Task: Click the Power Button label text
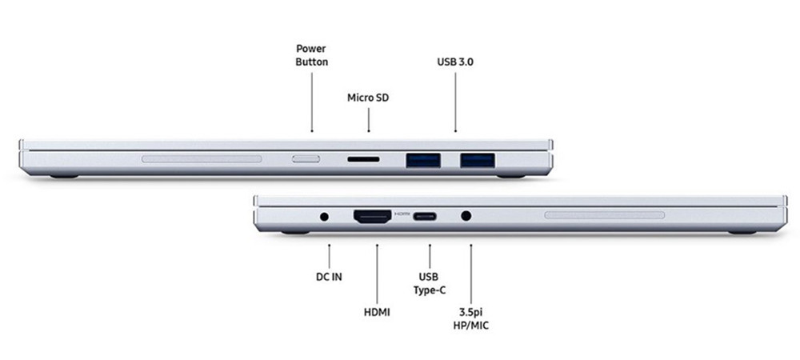point(312,55)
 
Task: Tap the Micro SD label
point(368,98)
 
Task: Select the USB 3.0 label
point(455,62)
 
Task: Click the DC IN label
point(329,277)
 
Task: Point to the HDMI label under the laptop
point(377,312)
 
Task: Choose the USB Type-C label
point(429,284)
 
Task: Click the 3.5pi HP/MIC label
point(471,318)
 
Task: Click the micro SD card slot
point(363,160)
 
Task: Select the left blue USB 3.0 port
point(423,160)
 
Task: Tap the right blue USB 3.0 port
point(477,160)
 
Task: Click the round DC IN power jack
point(324,216)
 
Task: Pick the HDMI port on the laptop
point(373,216)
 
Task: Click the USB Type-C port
point(425,216)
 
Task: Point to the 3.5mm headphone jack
point(466,216)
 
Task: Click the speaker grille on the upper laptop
point(202,159)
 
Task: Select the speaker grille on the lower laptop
point(605,215)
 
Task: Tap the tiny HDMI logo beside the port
point(402,213)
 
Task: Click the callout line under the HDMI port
point(377,274)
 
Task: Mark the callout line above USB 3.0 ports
point(455,102)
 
